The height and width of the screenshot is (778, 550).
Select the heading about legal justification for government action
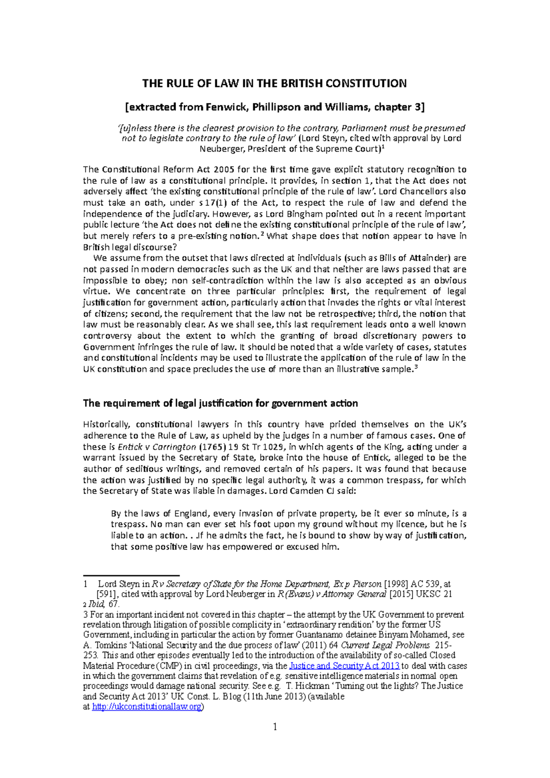220,403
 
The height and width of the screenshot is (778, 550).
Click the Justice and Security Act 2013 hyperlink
345,666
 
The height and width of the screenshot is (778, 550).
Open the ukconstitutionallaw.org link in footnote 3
147,707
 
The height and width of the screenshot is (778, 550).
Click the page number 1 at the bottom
275,727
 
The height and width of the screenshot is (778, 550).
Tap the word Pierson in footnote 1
367,584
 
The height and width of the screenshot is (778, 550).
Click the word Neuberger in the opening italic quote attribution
222,149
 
